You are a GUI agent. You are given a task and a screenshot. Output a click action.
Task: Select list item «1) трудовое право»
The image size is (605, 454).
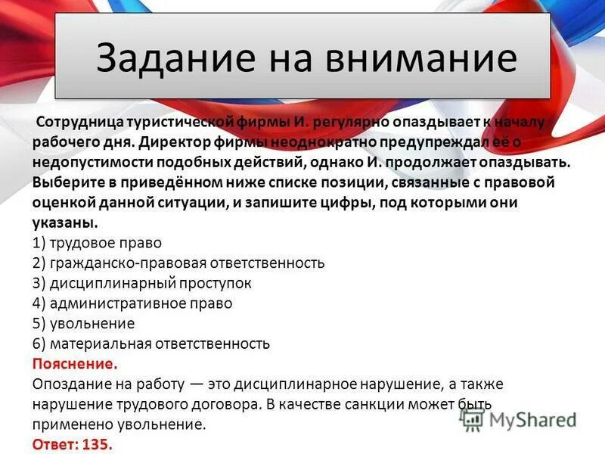98,244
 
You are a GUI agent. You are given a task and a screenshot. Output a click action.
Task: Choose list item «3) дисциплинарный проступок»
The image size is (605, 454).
142,284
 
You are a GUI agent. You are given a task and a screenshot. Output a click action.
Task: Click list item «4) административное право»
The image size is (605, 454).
132,303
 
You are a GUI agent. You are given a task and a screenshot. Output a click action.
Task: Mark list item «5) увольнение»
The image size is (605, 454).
84,324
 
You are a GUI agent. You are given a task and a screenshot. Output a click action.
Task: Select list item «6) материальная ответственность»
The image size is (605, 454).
151,344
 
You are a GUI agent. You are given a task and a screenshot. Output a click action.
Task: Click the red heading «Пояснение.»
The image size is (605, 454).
75,364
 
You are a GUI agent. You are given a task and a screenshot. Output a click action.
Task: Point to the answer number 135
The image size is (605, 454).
99,444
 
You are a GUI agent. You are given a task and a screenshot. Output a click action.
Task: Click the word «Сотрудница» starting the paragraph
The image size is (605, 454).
77,122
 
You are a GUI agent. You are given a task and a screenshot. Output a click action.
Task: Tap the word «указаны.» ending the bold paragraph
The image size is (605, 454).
65,223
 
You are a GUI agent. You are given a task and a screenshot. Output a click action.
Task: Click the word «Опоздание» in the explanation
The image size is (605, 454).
71,384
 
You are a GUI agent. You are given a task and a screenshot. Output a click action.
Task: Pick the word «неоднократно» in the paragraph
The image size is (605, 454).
316,142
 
